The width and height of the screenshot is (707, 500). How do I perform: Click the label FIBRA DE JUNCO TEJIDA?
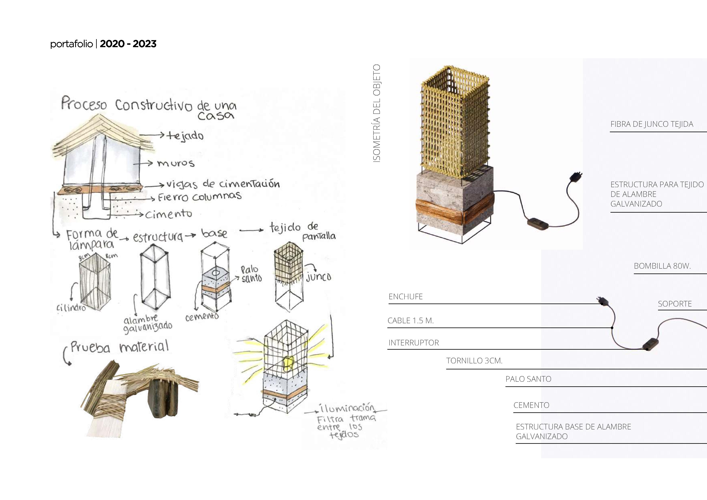click(652, 124)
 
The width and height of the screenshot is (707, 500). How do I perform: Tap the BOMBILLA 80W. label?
click(662, 266)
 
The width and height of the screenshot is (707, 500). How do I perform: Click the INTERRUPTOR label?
click(414, 343)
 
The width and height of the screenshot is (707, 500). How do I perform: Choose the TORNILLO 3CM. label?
click(474, 361)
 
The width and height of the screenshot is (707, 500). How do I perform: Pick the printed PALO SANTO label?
click(528, 379)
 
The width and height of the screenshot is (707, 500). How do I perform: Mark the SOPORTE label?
click(675, 304)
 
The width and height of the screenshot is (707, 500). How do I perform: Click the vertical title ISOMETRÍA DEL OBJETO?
click(377, 113)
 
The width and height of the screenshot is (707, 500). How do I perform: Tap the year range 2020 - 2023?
click(128, 44)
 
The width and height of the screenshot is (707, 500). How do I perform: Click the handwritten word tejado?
click(185, 136)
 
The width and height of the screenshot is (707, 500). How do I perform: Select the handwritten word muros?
click(176, 163)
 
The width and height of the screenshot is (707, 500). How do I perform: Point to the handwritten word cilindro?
click(71, 308)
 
